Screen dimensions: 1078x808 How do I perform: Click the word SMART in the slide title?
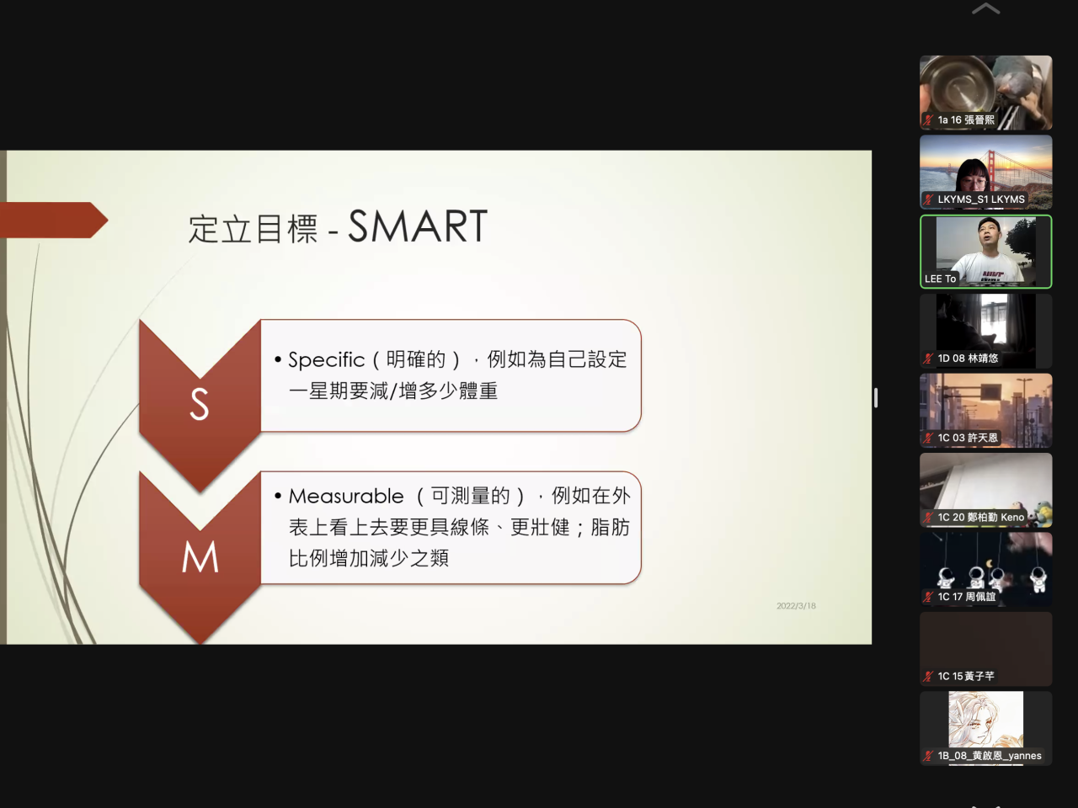tap(418, 226)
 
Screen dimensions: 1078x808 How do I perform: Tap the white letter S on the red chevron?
tap(200, 404)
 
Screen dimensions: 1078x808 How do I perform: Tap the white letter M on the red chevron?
tap(200, 557)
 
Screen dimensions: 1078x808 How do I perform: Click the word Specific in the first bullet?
tap(326, 360)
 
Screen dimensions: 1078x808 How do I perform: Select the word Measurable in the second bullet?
tap(346, 496)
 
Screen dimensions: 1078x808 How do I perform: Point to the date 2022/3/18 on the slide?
tap(796, 606)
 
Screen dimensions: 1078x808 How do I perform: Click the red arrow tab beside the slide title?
tap(54, 220)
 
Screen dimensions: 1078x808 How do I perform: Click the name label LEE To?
tap(940, 279)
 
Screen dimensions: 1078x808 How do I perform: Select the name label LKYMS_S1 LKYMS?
tap(981, 199)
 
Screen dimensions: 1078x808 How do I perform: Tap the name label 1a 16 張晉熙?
tap(966, 120)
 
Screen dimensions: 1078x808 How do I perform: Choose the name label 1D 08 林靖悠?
tap(968, 359)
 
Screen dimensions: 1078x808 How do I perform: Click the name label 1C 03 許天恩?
tap(968, 438)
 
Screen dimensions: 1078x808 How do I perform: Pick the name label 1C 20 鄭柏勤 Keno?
tap(981, 517)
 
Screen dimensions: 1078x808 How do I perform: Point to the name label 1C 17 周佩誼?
tap(967, 597)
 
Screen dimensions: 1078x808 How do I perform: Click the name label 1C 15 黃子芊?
tap(966, 676)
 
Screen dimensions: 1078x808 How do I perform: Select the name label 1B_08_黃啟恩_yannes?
tap(990, 756)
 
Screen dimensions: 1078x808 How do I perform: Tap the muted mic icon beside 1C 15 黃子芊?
tap(928, 676)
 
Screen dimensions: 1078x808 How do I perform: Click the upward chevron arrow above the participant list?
tap(985, 8)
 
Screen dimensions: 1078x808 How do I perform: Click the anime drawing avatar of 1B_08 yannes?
tap(985, 719)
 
